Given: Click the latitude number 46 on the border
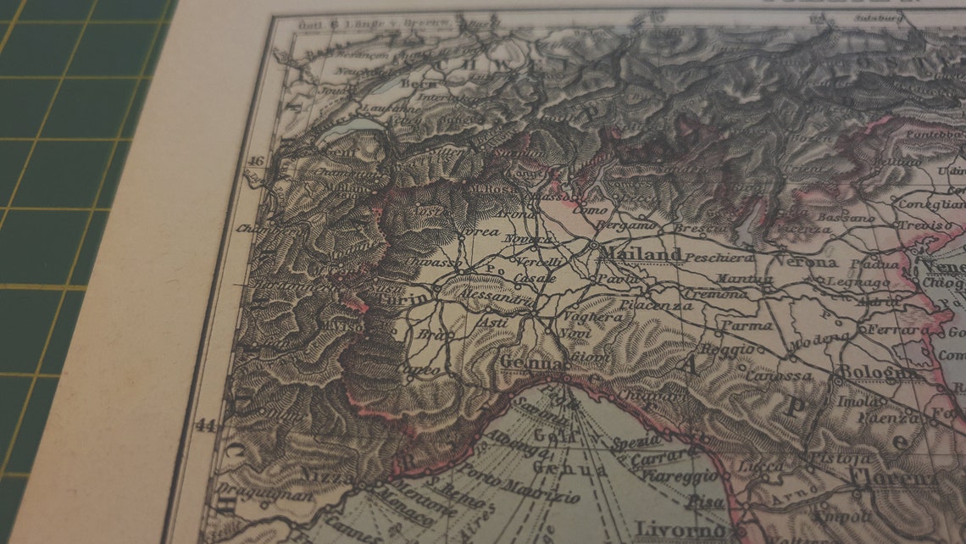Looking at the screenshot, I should coord(257,161).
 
